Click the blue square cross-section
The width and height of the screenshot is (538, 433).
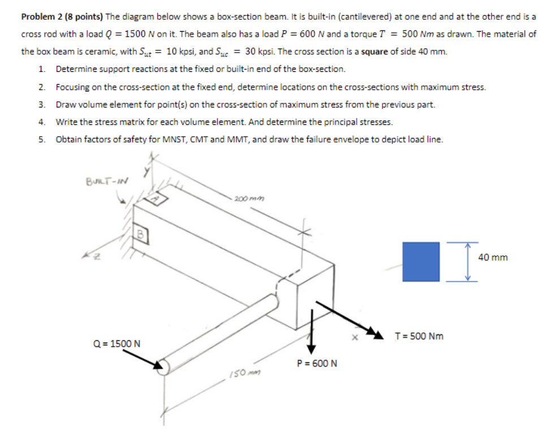(421, 262)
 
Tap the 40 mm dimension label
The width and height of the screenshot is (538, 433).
(493, 257)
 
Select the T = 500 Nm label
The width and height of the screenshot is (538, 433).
(419, 336)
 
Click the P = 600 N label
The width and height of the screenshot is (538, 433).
(317, 363)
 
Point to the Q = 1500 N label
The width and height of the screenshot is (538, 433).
(117, 343)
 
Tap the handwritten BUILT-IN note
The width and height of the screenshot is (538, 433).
(107, 181)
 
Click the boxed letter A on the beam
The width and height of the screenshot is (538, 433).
(156, 198)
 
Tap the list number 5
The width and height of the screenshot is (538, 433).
(42, 140)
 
